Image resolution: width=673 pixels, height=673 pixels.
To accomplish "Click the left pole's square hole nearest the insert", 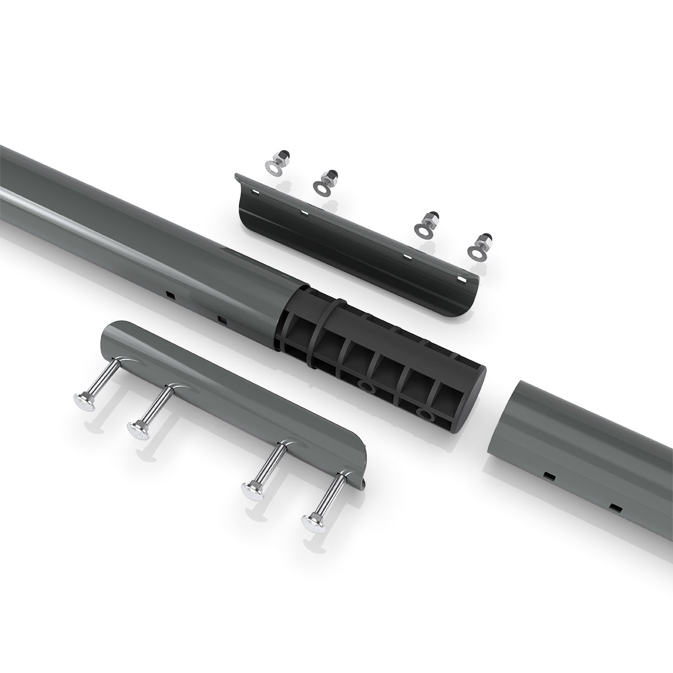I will [222, 320].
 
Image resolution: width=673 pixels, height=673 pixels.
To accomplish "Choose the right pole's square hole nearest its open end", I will [547, 476].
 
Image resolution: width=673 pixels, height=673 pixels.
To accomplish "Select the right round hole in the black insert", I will [426, 416].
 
